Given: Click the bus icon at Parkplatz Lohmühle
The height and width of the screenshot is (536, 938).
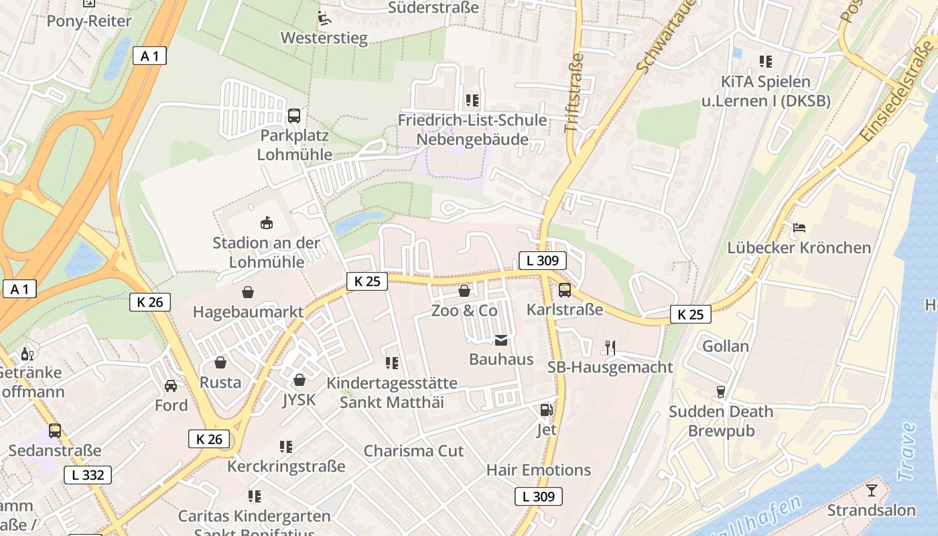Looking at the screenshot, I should coord(294,115).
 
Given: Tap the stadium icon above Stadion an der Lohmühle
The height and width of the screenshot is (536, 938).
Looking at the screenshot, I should coord(266,222).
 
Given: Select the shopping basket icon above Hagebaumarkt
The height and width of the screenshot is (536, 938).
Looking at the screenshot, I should coord(248,292).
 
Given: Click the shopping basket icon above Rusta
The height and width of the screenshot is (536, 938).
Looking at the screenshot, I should coord(220,362).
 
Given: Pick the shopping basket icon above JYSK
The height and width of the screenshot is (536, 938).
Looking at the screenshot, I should coord(299,380).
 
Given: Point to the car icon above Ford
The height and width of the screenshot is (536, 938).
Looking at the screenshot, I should coord(171,385).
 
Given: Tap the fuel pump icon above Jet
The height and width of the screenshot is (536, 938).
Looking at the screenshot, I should coord(547,409).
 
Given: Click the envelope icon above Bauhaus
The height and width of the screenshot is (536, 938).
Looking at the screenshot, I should coord(501,340).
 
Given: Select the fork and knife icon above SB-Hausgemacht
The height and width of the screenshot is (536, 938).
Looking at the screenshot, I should coord(610,347).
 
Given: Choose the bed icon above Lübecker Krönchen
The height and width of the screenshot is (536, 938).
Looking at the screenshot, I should coord(799,228).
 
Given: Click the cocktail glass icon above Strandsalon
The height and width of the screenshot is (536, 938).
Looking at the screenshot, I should coord(871,490).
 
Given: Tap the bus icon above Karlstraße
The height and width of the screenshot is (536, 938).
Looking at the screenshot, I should coord(565,290).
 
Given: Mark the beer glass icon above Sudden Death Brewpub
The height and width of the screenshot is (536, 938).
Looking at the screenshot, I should coord(721,391).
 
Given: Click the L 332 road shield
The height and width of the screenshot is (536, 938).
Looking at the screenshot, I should coord(88,475).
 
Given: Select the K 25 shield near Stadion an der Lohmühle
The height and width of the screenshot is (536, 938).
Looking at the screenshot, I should coord(367,281).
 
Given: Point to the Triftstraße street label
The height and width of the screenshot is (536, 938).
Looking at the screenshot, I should coord(574,93).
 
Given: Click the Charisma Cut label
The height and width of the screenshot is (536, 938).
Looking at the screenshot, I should coord(413,451).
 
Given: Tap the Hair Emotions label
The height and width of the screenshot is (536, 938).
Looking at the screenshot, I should coord(539,470).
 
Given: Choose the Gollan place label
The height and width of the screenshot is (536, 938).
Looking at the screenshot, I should coord(726,346).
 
